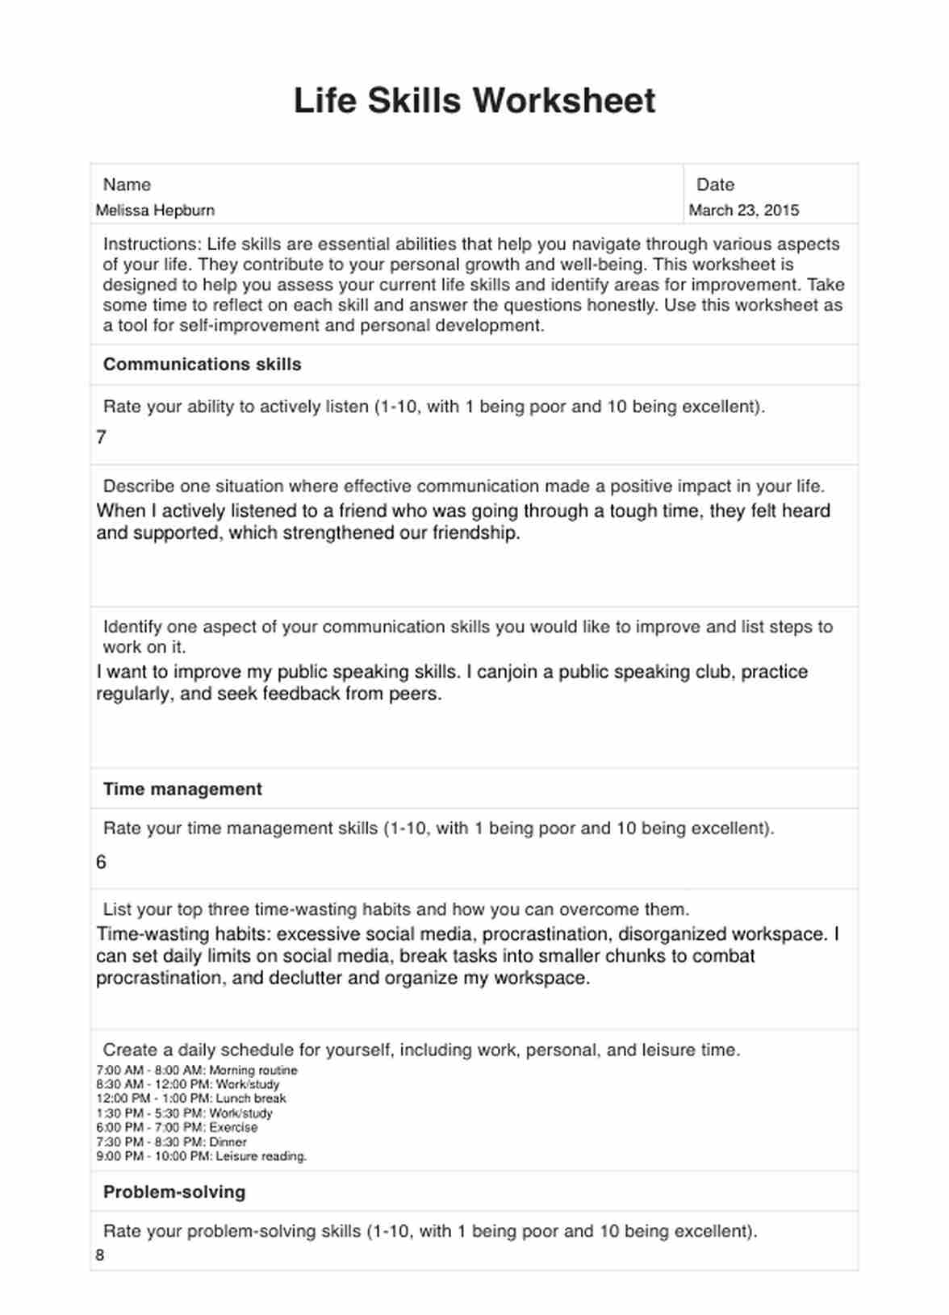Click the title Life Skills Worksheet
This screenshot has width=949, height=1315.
(474, 101)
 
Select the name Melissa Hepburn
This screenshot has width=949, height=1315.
(155, 211)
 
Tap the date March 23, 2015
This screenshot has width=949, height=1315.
(743, 211)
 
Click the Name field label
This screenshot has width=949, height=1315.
(127, 185)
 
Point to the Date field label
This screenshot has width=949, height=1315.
(715, 185)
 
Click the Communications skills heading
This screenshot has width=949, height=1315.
(202, 365)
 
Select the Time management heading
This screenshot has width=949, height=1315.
(182, 789)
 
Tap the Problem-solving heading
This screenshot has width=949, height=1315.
(174, 1192)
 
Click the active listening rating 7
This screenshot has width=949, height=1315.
(101, 437)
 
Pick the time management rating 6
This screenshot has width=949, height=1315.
(101, 862)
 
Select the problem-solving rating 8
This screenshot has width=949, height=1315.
(100, 1255)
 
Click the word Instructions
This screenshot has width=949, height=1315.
(150, 244)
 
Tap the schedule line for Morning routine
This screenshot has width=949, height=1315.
(197, 1071)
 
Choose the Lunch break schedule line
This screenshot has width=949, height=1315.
(191, 1099)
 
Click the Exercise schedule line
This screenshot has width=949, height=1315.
(177, 1128)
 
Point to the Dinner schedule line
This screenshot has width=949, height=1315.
(172, 1142)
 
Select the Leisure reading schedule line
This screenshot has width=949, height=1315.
(202, 1157)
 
